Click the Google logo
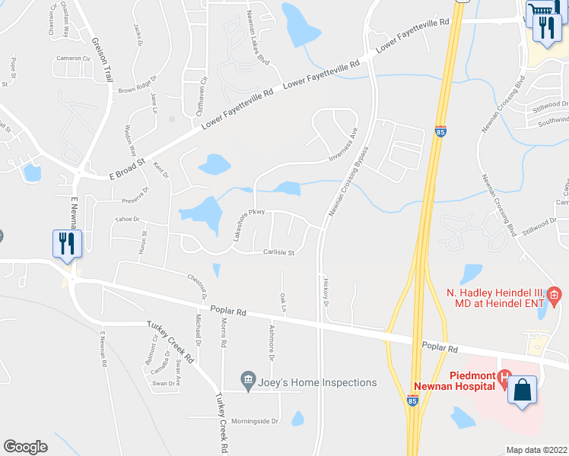coord(25,447)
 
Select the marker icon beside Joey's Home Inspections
coord(247,378)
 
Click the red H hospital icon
coord(503,376)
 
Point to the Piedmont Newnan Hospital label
coord(454,382)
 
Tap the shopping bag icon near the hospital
coord(523,390)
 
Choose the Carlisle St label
coord(278,252)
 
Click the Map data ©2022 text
coord(537,450)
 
